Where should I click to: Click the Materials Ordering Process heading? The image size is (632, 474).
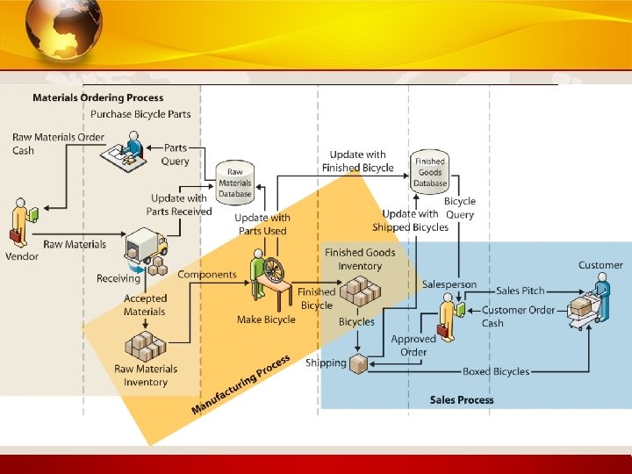tap(97, 97)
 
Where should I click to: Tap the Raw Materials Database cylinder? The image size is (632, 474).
tap(234, 180)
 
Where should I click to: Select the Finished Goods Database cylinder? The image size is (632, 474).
tap(430, 169)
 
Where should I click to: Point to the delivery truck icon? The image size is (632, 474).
tap(146, 249)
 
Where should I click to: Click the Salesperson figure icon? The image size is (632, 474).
tap(449, 317)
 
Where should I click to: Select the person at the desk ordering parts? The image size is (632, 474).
tap(133, 147)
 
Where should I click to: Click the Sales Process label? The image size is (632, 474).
tap(462, 400)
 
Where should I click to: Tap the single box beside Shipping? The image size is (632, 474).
tap(358, 363)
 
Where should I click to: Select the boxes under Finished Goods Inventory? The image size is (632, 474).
tap(361, 291)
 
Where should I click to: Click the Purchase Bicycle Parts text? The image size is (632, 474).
tap(140, 114)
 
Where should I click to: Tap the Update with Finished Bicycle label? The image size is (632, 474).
tap(357, 162)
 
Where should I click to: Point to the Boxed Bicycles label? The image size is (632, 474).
tap(496, 372)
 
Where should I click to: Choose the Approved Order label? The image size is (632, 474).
tap(413, 346)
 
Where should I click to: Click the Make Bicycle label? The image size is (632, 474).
tap(266, 320)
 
